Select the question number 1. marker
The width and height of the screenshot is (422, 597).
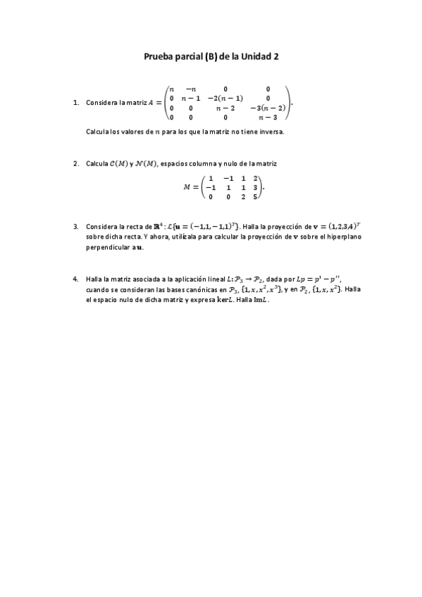[76, 103]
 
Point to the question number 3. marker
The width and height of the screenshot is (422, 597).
[76, 227]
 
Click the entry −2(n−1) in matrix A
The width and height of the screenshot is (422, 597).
[225, 98]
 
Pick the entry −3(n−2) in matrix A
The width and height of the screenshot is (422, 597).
[268, 108]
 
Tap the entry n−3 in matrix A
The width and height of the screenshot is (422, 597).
[268, 118]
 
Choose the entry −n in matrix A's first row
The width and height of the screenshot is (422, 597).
[190, 89]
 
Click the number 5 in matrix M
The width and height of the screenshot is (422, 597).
[255, 197]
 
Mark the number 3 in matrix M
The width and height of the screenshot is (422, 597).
[255, 188]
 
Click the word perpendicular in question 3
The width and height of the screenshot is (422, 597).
[106, 247]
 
